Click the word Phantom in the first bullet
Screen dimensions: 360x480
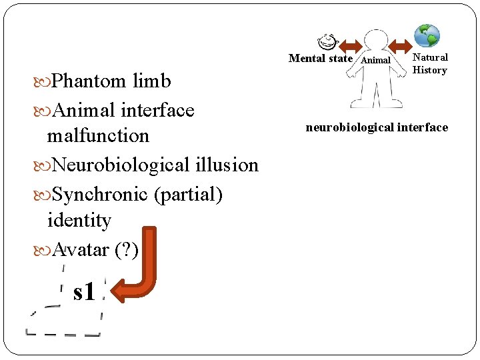[89, 81]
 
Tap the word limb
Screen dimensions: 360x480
[152, 81]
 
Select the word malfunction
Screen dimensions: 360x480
[98, 135]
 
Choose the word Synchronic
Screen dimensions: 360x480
[100, 194]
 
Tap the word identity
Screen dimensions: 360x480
[79, 220]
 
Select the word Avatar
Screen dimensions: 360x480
[80, 250]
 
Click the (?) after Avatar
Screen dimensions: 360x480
[127, 250]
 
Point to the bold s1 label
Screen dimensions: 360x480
[85, 291]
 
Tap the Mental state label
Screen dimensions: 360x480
[321, 59]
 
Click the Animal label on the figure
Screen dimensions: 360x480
[375, 61]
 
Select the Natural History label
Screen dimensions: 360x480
[430, 64]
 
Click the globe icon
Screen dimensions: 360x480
[427, 35]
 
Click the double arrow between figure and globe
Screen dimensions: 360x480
[401, 45]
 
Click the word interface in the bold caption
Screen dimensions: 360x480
[421, 127]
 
